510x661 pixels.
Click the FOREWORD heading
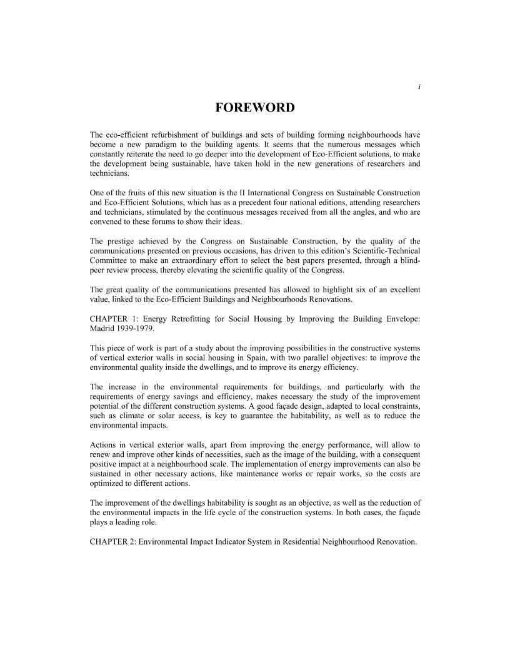click(254, 108)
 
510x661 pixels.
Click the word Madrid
click(104, 330)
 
